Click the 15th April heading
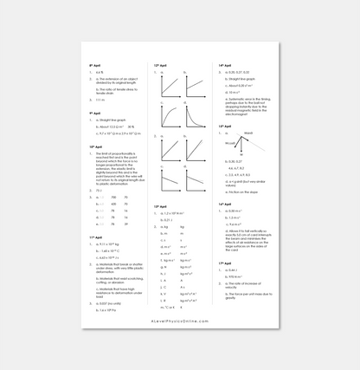pos(224,127)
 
